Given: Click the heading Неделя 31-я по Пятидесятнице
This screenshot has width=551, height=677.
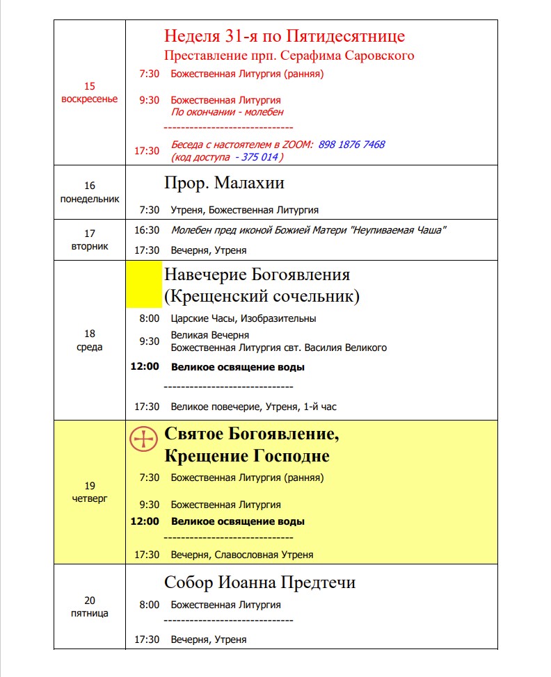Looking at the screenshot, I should coord(284,36).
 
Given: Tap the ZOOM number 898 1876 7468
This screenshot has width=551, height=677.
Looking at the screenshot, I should coord(351,145).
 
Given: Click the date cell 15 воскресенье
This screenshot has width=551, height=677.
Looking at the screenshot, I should coord(90,92).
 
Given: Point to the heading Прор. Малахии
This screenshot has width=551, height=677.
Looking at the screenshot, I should coord(224,183).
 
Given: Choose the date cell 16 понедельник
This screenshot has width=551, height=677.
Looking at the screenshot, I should coord(90,192).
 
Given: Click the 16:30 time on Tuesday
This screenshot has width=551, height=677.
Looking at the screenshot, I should coord(147,230).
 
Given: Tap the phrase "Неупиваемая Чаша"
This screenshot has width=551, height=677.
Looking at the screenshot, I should coord(397,230).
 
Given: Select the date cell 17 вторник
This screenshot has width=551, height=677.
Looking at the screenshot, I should coord(90,240).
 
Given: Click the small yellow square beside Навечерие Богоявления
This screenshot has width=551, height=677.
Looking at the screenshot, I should coord(144,284).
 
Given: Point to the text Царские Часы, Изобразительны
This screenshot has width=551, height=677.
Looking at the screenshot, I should coord(243,318).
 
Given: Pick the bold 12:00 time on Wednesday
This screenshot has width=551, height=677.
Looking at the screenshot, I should coord(145,367).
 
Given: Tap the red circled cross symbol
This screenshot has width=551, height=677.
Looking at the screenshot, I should coord(144,439).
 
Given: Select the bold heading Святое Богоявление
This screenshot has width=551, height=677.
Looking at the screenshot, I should coord(251,435).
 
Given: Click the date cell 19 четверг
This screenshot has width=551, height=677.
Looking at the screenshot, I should coord(90,492).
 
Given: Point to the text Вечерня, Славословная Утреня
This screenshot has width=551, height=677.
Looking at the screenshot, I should coord(242,555).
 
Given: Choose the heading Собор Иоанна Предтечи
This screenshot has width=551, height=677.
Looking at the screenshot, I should coord(259,582).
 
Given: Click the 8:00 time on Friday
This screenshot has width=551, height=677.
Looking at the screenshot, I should coord(149,605).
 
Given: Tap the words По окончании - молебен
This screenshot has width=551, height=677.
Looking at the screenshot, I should coord(227,112).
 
